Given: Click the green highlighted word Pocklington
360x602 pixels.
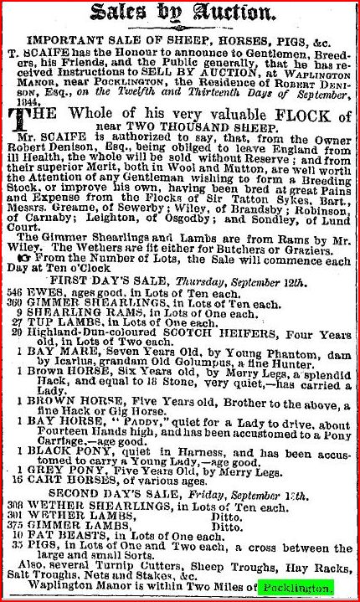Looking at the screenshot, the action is tap(296, 589).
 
